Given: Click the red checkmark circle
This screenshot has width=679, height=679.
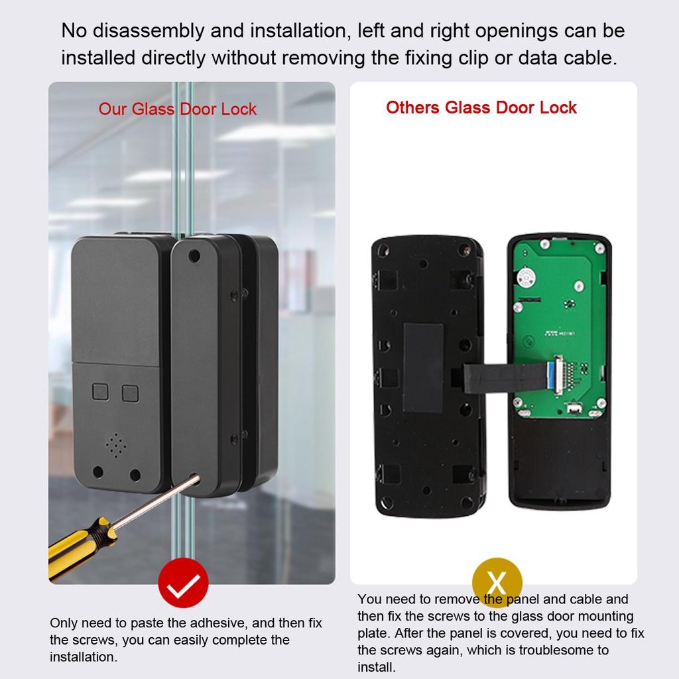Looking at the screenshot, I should [183, 583].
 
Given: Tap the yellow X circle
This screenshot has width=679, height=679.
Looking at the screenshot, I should [497, 583].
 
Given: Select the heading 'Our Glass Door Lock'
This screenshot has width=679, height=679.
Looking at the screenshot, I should [177, 109].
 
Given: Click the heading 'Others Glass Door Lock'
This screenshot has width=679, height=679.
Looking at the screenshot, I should [481, 107].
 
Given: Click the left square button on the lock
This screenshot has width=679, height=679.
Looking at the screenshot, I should [101, 393].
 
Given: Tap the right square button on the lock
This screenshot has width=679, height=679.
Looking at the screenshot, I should [130, 393].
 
